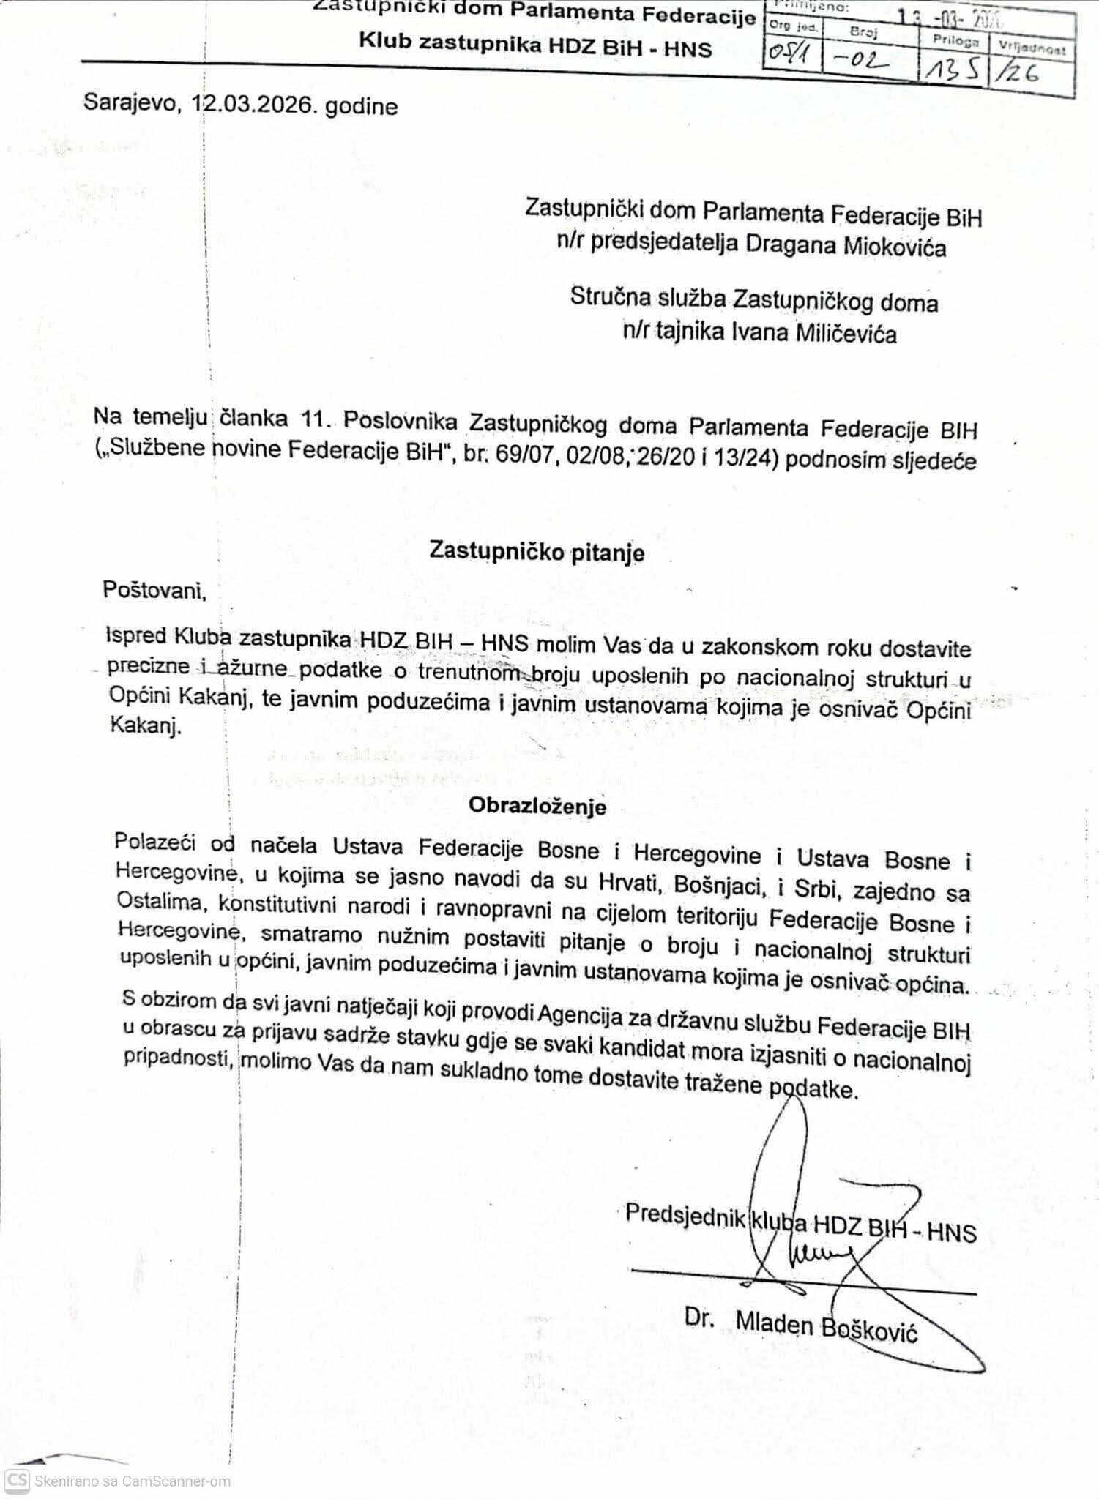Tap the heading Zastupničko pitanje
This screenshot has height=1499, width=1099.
(537, 552)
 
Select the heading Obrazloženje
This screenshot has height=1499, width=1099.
(537, 806)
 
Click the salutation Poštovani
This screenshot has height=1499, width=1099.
(154, 590)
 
